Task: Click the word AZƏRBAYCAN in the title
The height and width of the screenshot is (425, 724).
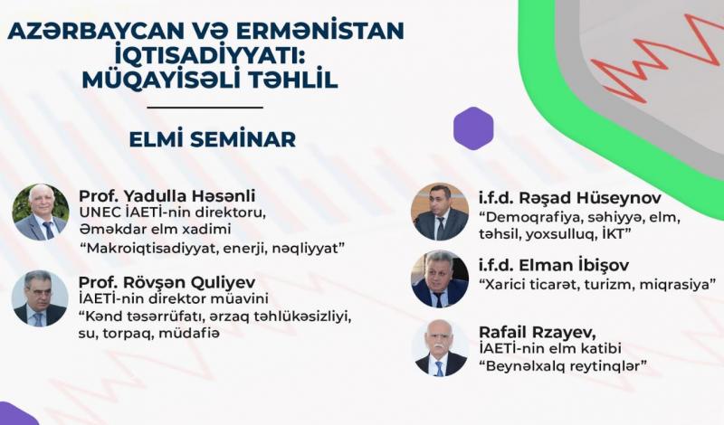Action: pyautogui.click(x=94, y=31)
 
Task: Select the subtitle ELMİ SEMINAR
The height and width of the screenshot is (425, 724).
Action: pyautogui.click(x=213, y=139)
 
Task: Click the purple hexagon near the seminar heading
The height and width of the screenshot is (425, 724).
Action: pyautogui.click(x=473, y=128)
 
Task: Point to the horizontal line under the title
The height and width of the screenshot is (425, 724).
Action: pyautogui.click(x=205, y=108)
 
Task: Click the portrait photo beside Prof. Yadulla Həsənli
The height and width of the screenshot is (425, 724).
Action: pyautogui.click(x=41, y=212)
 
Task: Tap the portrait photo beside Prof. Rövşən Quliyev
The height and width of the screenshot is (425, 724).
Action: pyautogui.click(x=40, y=298)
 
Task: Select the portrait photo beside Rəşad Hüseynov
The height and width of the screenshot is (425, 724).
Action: pyautogui.click(x=440, y=212)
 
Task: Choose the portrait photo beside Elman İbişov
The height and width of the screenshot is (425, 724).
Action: pyautogui.click(x=440, y=279)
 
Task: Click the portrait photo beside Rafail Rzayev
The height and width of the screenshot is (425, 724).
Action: pyautogui.click(x=440, y=347)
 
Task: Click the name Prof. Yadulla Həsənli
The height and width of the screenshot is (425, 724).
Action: pyautogui.click(x=167, y=195)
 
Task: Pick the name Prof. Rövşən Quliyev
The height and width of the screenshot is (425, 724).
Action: pyautogui.click(x=167, y=282)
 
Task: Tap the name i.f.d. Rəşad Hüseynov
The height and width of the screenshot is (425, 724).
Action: pyautogui.click(x=570, y=198)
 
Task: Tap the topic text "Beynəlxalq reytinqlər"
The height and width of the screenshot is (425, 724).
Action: pyautogui.click(x=563, y=366)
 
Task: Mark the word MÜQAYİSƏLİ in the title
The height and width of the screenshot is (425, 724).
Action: pyautogui.click(x=157, y=80)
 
